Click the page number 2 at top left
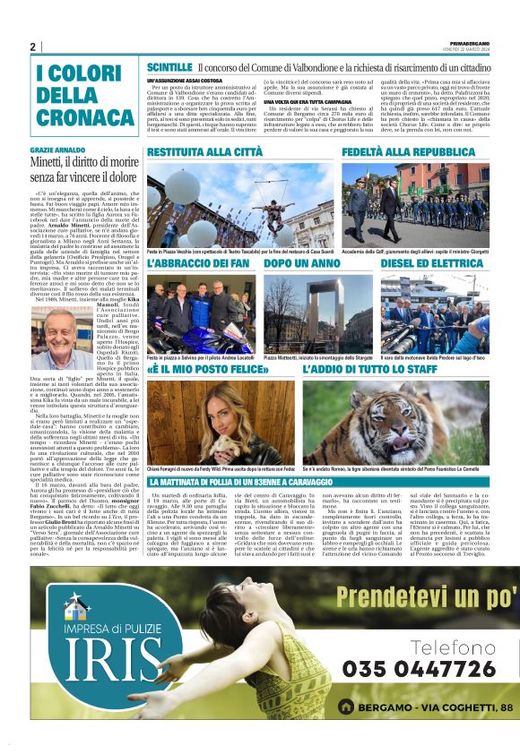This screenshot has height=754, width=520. click(x=33, y=46)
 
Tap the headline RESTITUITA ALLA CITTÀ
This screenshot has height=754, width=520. click(x=205, y=152)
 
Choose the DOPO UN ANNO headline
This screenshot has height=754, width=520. click(x=302, y=263)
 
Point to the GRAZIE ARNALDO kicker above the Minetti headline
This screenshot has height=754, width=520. click(x=58, y=150)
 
